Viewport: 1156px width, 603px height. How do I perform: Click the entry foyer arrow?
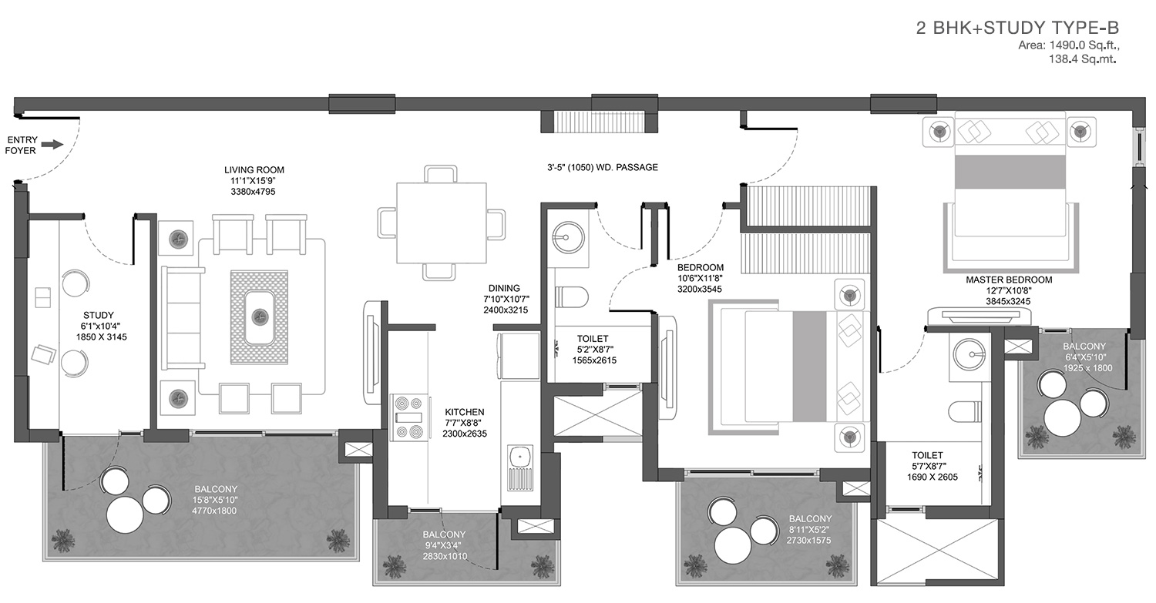pos(52,145)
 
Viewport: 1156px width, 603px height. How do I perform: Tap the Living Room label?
pos(254,169)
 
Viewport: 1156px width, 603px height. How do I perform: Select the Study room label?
pos(98,315)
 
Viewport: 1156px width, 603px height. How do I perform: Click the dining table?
pos(442,223)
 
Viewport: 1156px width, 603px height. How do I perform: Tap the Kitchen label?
pos(465,412)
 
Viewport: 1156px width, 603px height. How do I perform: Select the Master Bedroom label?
pos(1009,280)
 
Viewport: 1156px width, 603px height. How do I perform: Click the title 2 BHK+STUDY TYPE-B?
pos(1017,28)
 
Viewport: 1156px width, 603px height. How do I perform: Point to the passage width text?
pos(602,167)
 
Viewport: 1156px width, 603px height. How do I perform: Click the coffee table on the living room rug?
pos(260,317)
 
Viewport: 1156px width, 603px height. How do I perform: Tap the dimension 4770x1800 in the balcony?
pos(214,511)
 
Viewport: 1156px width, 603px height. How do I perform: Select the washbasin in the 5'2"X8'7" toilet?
pos(566,238)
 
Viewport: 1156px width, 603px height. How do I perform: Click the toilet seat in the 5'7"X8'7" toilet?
pos(964,412)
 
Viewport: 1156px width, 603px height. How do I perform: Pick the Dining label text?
pos(504,288)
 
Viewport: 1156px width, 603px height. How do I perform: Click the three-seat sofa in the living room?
pos(182,318)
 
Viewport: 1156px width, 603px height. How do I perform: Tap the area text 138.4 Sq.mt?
pos(1082,59)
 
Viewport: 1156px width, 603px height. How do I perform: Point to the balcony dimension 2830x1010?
pos(445,557)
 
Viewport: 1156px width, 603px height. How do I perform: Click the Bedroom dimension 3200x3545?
pos(700,290)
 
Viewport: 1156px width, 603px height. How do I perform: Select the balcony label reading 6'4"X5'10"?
pos(1084,357)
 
